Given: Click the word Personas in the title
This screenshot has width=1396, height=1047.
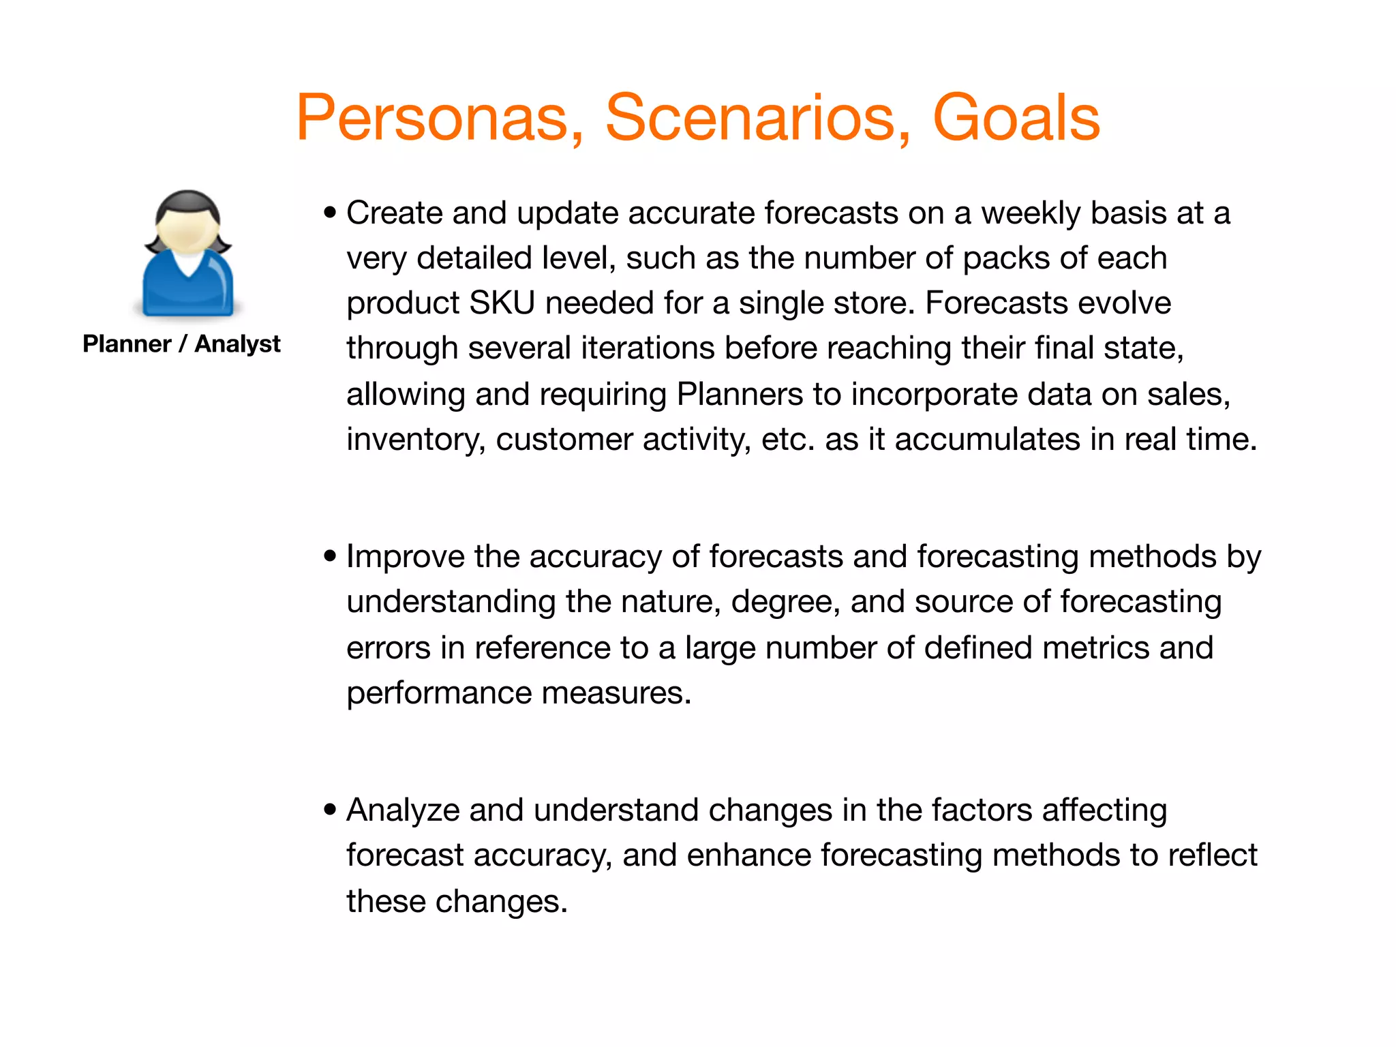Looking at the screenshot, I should [440, 119].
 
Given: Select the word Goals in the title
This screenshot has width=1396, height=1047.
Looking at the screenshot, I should [1016, 119].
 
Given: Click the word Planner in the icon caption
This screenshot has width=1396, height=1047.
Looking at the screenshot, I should [127, 344].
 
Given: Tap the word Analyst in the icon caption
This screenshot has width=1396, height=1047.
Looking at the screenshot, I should [237, 344].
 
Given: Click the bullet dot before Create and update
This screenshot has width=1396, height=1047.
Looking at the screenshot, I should [331, 213].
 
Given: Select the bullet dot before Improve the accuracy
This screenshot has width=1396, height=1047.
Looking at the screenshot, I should [331, 557].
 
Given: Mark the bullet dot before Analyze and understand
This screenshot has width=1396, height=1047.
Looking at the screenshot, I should [331, 810].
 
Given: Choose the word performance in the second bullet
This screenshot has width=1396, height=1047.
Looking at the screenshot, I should [439, 694].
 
